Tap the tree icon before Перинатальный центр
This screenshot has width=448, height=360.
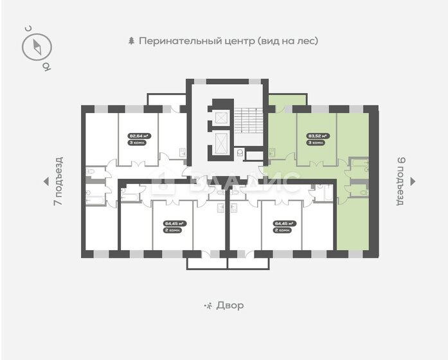(x=132, y=40)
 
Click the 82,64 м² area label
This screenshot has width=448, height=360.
(x=139, y=136)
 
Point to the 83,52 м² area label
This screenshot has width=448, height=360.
(x=318, y=136)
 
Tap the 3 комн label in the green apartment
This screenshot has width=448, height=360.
(x=318, y=143)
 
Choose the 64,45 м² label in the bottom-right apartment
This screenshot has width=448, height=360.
(x=283, y=224)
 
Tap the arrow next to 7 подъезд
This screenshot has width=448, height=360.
(x=45, y=181)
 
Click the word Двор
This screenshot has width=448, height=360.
(x=230, y=305)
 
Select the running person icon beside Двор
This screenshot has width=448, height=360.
(x=207, y=305)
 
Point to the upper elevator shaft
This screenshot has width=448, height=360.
(x=221, y=120)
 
